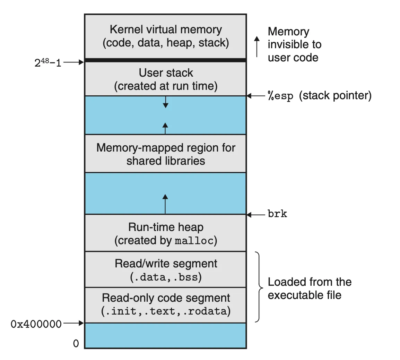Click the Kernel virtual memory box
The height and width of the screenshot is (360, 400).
[165, 36]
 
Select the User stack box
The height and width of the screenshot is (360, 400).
[165, 79]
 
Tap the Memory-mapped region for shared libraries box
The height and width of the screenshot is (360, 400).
[165, 154]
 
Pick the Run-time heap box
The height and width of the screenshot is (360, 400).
[165, 233]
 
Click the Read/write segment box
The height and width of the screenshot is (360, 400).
[165, 270]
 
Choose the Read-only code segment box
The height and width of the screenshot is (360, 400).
[165, 305]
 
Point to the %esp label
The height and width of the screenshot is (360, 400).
[280, 96]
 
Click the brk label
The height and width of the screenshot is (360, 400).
[277, 214]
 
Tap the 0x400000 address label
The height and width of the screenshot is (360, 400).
[36, 324]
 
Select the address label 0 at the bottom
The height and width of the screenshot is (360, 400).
[76, 344]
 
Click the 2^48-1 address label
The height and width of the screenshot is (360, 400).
[48, 63]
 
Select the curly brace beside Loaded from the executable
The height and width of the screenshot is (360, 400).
[259, 287]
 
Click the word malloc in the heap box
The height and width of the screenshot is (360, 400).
[194, 241]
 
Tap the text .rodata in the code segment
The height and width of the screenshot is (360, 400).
[207, 311]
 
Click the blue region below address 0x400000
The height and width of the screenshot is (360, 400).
[165, 335]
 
